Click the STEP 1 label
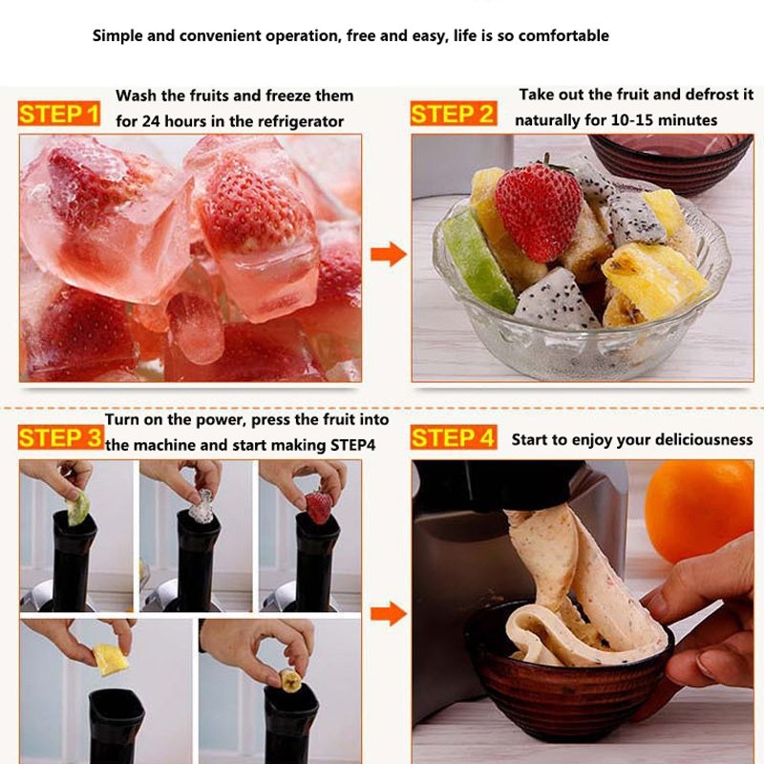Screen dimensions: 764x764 pyautogui.click(x=59, y=116)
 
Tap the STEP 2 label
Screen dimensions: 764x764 pyautogui.click(x=454, y=116)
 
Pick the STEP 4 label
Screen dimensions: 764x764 pyautogui.click(x=454, y=438)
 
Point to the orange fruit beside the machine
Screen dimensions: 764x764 pyautogui.click(x=699, y=511)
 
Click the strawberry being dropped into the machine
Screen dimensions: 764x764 pyautogui.click(x=318, y=506)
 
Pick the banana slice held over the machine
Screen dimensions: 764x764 pyautogui.click(x=289, y=680)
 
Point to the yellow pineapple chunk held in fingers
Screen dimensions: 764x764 pyautogui.click(x=107, y=658)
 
